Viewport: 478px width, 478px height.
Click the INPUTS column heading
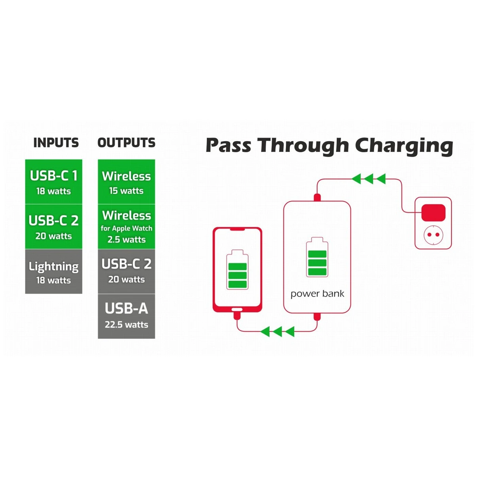(56, 143)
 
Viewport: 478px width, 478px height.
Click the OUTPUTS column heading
(127, 143)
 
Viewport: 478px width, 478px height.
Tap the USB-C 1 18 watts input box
(54, 182)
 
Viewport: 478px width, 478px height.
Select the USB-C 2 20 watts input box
(54, 227)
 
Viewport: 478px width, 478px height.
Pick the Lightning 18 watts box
(54, 272)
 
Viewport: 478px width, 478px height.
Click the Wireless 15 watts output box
(127, 182)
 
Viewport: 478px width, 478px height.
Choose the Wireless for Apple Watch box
(127, 227)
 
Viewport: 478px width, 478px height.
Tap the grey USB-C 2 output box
(127, 272)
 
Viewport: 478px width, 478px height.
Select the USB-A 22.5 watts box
(127, 316)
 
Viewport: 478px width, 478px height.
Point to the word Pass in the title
(229, 145)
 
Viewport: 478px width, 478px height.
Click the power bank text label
(317, 294)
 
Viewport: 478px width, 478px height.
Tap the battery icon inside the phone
(237, 270)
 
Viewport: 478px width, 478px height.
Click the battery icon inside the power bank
(317, 257)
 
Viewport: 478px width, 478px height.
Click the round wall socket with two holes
(433, 235)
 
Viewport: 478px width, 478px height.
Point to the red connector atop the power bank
(317, 198)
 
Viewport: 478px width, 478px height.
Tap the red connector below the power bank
(317, 317)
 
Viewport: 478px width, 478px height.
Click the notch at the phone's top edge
(237, 229)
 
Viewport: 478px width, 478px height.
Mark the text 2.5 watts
(127, 240)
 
